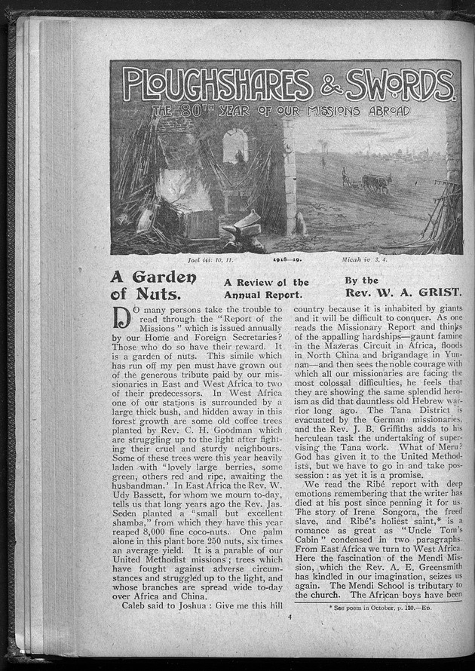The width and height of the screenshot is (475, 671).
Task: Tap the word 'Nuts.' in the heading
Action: point(158,293)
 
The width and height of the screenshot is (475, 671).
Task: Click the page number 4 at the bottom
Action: point(288,617)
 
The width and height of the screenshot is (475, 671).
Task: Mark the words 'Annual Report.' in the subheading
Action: point(256,294)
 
